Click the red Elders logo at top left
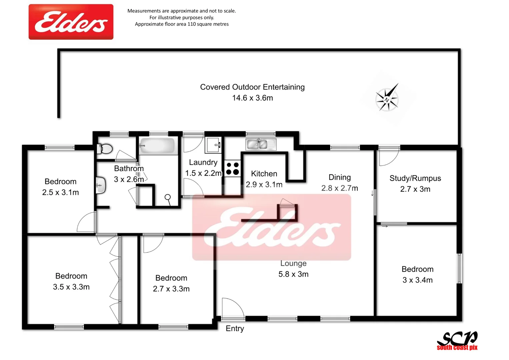click(71, 22)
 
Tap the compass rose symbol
click(387, 99)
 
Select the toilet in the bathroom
click(105, 149)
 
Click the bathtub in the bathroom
click(157, 146)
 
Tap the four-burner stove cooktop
click(232, 169)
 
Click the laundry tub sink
click(213, 145)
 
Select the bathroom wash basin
click(100, 185)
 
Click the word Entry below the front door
click(235, 329)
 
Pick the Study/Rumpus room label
click(415, 178)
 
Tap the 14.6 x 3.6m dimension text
click(252, 98)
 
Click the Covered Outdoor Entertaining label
click(252, 87)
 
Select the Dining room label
click(339, 177)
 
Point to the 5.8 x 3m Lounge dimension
click(293, 274)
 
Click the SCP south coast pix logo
click(457, 341)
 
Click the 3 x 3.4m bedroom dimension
click(417, 280)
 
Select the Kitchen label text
click(264, 174)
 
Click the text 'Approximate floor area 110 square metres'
click(182, 24)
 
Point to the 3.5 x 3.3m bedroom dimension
click(71, 287)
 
